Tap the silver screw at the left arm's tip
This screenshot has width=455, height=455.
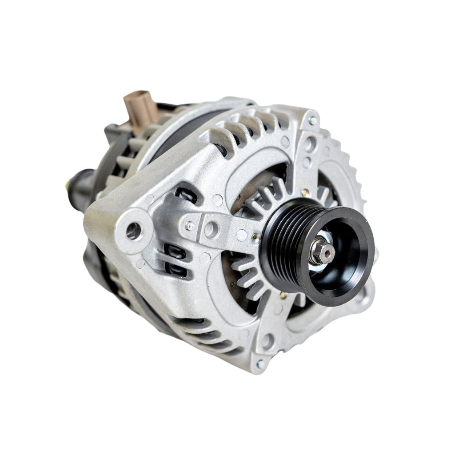click(190, 226)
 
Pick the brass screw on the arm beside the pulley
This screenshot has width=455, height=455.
click(255, 238)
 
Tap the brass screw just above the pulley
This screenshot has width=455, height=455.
click(304, 192)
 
